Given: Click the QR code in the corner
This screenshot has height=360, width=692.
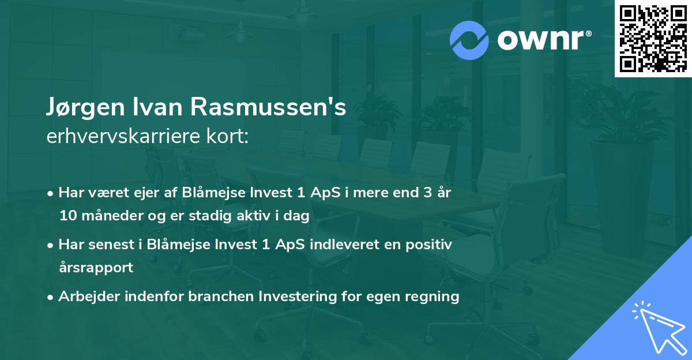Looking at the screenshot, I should (653, 39).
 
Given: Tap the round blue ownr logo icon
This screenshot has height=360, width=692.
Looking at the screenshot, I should (470, 39).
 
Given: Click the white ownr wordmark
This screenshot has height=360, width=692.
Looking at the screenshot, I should (543, 39).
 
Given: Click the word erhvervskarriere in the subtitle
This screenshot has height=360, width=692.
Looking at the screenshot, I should (125, 137).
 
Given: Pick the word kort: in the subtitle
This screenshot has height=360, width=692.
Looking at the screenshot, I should (229, 137).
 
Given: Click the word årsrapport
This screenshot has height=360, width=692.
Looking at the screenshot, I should (96, 268).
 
